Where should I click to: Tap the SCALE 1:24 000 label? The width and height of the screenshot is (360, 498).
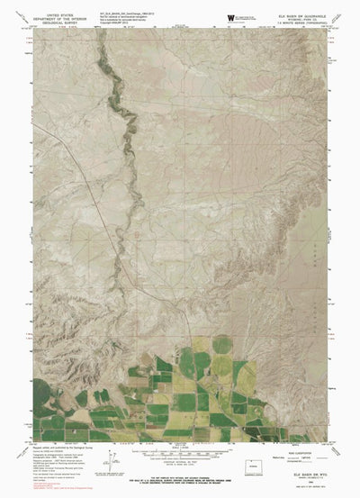[x=180, y=457]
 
